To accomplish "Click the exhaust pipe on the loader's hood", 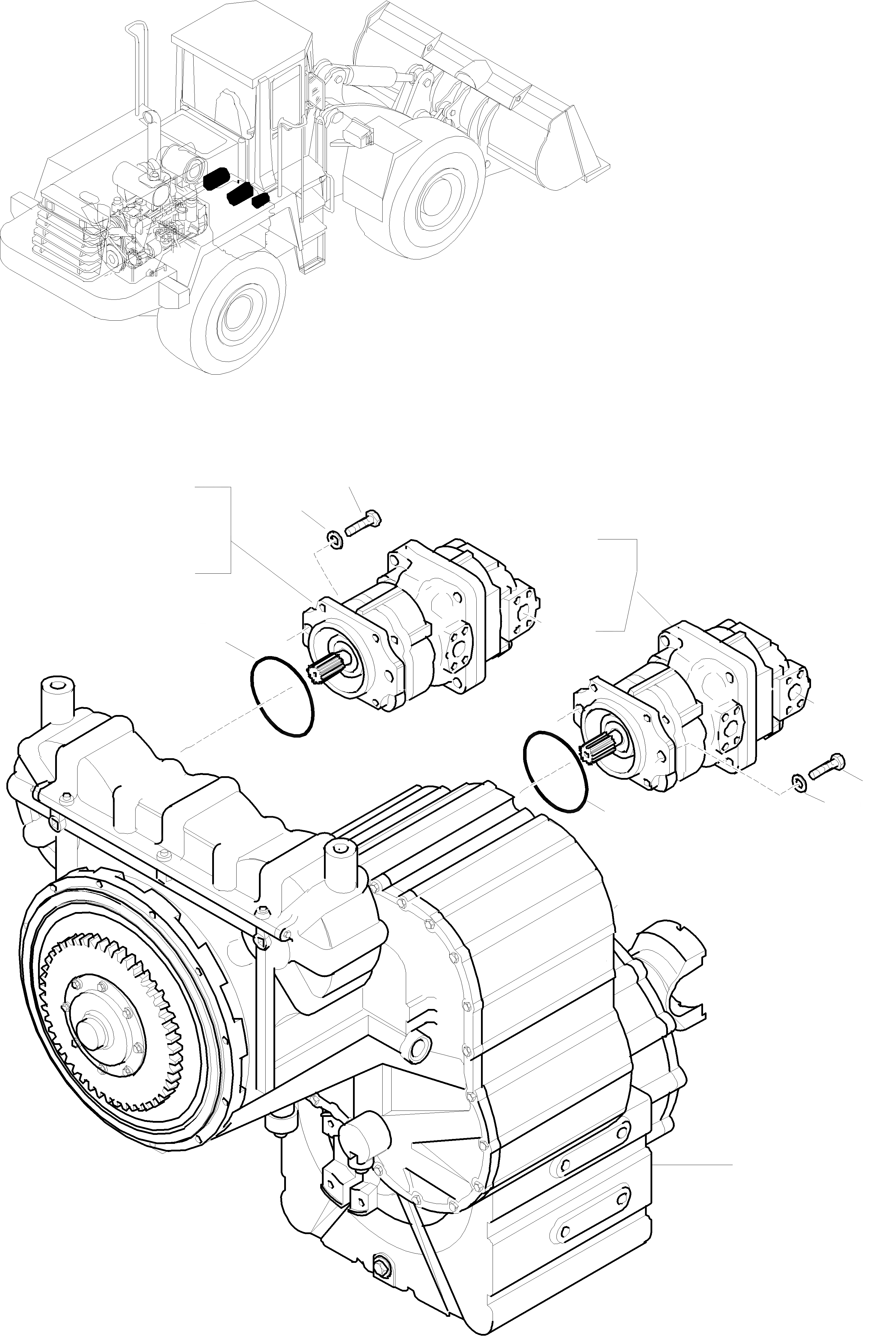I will click(137, 67).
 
